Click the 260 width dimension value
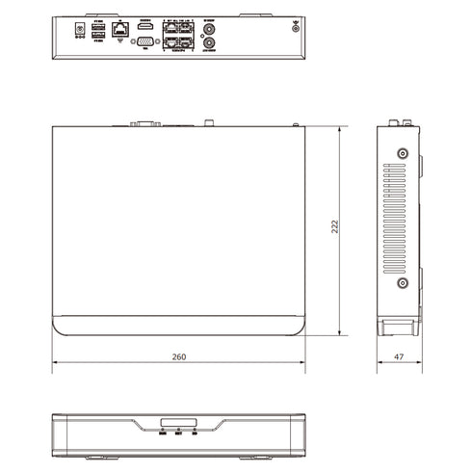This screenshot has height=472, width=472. (178, 356)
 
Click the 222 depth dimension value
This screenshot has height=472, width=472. (334, 226)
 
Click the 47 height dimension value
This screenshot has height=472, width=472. (399, 356)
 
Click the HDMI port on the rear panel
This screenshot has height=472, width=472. (145, 28)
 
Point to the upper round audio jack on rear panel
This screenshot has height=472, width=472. (211, 29)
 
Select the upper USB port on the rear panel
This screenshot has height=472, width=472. (97, 27)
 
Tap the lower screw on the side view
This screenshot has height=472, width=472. (403, 283)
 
